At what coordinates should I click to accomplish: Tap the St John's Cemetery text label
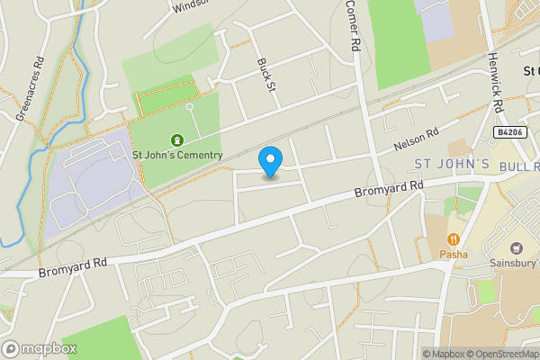pos(177,155)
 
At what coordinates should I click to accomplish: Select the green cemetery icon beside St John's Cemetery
pos(176,139)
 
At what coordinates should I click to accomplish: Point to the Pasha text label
pos(454,254)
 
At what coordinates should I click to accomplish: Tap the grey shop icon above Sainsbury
pos(516,247)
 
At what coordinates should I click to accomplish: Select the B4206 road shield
pos(509,131)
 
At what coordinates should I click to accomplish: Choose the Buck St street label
pos(265,76)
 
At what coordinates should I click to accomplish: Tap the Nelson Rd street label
pos(416,139)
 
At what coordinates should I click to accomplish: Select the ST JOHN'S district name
pos(452,164)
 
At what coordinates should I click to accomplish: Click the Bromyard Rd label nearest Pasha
pos(389,188)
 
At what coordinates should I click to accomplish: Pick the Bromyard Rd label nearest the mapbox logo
pos(74,265)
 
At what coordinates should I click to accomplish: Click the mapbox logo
pos(40,348)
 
